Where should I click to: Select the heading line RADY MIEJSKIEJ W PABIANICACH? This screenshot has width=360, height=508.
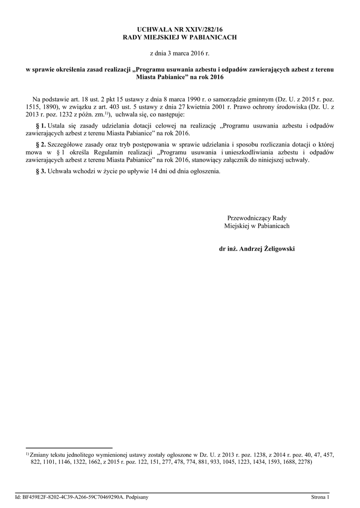pyautogui.click(x=180, y=38)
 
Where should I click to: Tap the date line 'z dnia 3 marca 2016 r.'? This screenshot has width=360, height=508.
pyautogui.click(x=180, y=53)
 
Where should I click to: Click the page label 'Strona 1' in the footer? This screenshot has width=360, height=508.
pyautogui.click(x=320, y=497)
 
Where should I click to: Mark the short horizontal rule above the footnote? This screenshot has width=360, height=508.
pyautogui.click(x=69, y=447)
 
